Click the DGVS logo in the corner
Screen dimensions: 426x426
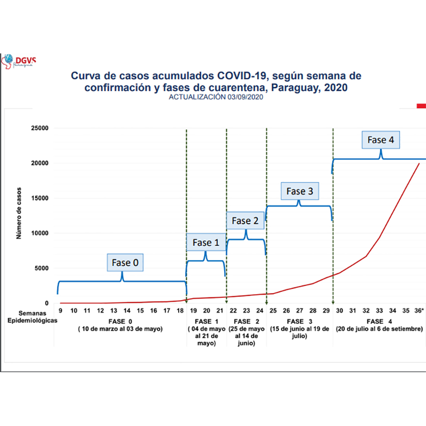18,61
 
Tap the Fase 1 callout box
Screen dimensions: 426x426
206,242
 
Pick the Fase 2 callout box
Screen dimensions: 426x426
245,221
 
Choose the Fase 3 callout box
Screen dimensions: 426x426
299,191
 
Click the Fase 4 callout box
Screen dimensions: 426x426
380,140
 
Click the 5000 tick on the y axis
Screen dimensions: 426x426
41,268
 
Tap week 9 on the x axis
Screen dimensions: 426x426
60,311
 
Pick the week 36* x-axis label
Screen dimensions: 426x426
419,311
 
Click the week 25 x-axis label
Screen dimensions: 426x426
273,311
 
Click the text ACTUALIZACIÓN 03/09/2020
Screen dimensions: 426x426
217,97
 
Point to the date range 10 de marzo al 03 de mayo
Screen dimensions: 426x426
120,329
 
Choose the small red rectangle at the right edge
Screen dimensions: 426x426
421,105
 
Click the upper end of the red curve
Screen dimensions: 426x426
419,164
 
